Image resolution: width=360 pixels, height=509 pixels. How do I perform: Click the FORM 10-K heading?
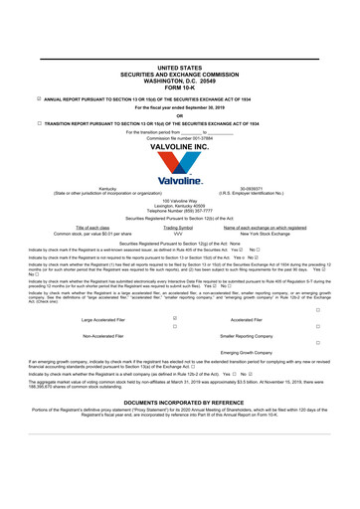click(179, 87)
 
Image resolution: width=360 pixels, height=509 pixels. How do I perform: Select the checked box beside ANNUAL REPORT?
click(25, 99)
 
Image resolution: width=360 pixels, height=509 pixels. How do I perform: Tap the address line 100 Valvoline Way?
click(179, 199)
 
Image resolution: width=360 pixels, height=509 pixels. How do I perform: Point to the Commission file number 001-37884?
click(179, 137)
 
